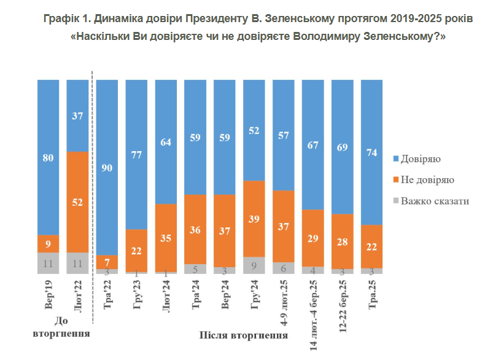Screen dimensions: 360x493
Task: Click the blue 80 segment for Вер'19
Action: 48,157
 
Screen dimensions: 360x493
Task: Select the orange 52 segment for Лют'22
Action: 77,202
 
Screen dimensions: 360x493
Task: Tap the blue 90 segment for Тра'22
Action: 107,167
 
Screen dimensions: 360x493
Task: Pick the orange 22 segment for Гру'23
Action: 136,250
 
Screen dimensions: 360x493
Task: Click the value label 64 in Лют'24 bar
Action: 166,143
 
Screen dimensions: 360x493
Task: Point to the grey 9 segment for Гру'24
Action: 254,265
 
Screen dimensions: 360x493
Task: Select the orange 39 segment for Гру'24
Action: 254,219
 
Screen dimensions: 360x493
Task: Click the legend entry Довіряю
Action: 420,159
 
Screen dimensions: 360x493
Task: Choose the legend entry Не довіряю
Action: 427,180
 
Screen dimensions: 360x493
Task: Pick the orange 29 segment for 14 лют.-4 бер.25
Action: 313,238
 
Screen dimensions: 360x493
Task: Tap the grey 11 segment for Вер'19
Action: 48,263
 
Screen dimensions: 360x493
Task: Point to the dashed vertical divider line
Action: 92,197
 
